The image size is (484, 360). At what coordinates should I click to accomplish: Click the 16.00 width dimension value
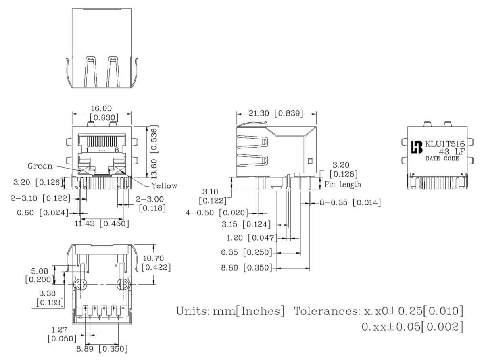tap(101, 108)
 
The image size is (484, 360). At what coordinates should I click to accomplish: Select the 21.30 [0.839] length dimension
tap(275, 114)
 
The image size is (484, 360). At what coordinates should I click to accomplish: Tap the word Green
tap(40, 166)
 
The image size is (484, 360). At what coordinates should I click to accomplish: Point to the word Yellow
tap(164, 186)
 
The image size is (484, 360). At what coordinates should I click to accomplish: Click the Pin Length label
tap(342, 185)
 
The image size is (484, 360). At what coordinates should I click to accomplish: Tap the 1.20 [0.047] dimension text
tap(250, 238)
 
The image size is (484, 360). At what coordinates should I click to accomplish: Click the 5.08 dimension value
tap(40, 271)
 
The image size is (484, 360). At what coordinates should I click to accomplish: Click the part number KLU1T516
tap(444, 144)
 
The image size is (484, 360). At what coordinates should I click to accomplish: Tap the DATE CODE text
tap(442, 159)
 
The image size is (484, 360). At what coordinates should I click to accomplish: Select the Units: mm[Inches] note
tap(230, 311)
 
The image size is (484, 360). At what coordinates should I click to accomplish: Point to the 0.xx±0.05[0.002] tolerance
tap(412, 327)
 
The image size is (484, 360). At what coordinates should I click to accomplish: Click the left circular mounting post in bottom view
tap(81, 285)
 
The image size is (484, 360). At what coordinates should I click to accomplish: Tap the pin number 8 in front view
tap(117, 150)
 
